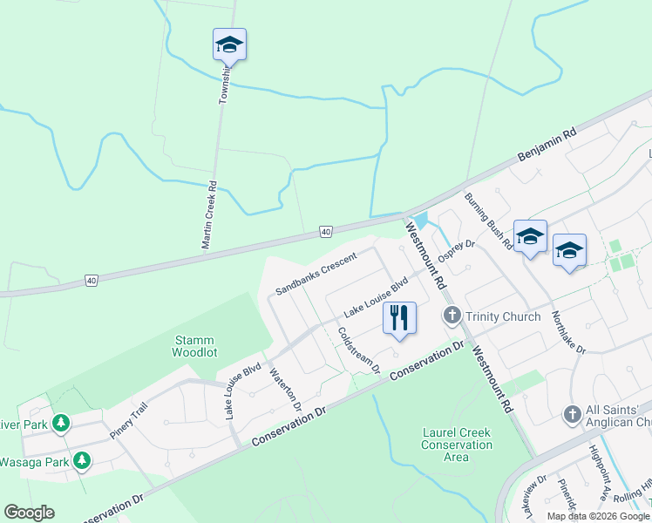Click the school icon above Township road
tap(229, 44)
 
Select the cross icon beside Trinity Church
tap(452, 316)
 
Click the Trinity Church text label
tap(503, 316)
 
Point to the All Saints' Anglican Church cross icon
tap(573, 413)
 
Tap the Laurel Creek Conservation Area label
tap(456, 445)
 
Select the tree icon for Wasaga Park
tap(82, 459)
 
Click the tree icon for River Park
tap(60, 425)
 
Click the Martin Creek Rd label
tap(208, 216)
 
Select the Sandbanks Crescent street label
tap(316, 273)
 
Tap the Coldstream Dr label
tap(359, 350)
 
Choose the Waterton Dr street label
tap(285, 391)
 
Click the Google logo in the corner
tap(30, 512)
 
